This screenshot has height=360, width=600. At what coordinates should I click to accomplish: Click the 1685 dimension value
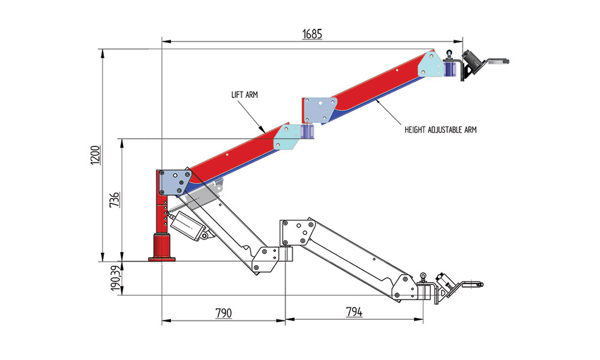point(312,34)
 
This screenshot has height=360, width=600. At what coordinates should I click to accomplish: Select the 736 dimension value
point(115,199)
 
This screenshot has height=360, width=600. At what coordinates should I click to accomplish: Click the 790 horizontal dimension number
point(223,313)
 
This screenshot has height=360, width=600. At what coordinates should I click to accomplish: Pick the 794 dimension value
point(354,313)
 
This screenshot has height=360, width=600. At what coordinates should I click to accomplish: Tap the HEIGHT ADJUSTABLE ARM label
point(440,130)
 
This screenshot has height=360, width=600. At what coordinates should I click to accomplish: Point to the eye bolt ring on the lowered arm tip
point(424,277)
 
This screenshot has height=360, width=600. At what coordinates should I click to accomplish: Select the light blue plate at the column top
point(175,181)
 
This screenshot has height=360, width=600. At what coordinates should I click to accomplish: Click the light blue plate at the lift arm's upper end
point(286,137)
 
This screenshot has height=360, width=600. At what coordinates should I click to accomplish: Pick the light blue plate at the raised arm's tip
point(430,64)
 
